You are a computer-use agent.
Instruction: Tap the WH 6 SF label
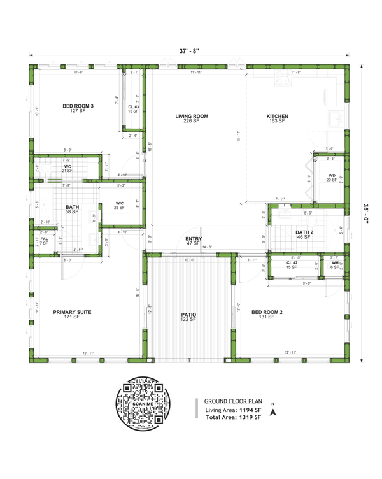pos(335,264)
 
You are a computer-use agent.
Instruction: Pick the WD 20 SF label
pos(332,177)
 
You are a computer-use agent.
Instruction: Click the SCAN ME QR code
pos(144,405)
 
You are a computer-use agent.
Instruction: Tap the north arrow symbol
pos(273,411)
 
